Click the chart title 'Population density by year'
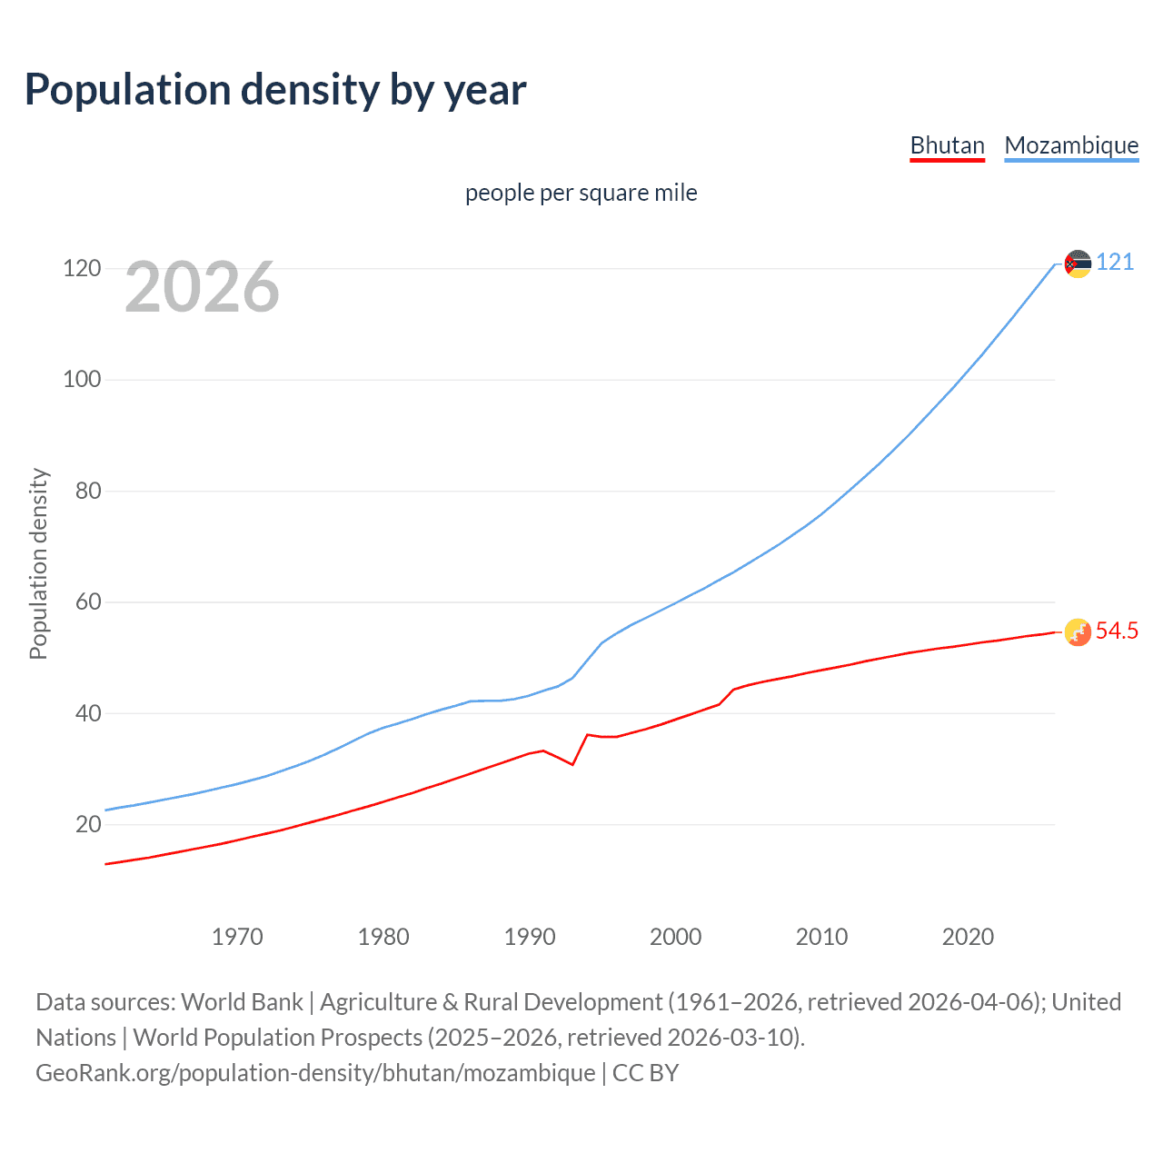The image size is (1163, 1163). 275,90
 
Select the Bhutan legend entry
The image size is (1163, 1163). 947,145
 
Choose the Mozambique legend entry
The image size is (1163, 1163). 1071,145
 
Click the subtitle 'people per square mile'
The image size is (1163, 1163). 581,193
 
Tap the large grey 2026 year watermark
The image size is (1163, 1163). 202,287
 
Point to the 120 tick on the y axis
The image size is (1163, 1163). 82,269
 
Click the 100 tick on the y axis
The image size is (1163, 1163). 82,380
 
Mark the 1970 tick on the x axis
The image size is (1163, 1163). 237,937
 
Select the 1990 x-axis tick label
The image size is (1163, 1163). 530,937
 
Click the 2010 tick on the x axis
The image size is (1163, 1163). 821,937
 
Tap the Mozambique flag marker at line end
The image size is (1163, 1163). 1078,263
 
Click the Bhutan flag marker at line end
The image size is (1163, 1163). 1078,631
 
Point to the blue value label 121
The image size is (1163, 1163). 1115,263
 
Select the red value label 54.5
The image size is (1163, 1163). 1117,631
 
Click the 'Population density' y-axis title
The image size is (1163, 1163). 38,563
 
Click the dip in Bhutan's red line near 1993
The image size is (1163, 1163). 572,764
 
